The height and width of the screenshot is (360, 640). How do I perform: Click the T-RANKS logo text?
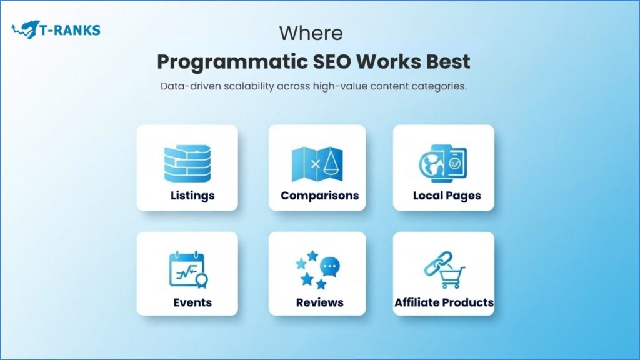coord(71,29)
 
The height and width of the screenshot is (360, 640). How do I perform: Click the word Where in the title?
coord(311,32)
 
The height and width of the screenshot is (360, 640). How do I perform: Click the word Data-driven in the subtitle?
coord(187,86)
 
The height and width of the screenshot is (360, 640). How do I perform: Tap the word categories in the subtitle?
coord(440,86)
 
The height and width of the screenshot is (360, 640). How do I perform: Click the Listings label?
coord(192,196)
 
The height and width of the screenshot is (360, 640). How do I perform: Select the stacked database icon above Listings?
coord(187,163)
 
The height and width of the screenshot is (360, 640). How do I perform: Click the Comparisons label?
coord(319,196)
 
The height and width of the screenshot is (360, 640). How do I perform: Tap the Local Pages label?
coord(447,196)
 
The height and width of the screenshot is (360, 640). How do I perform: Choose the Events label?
coord(192,302)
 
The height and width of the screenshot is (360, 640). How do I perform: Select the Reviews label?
coord(319,302)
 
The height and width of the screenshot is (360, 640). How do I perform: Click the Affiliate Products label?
coord(444,302)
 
